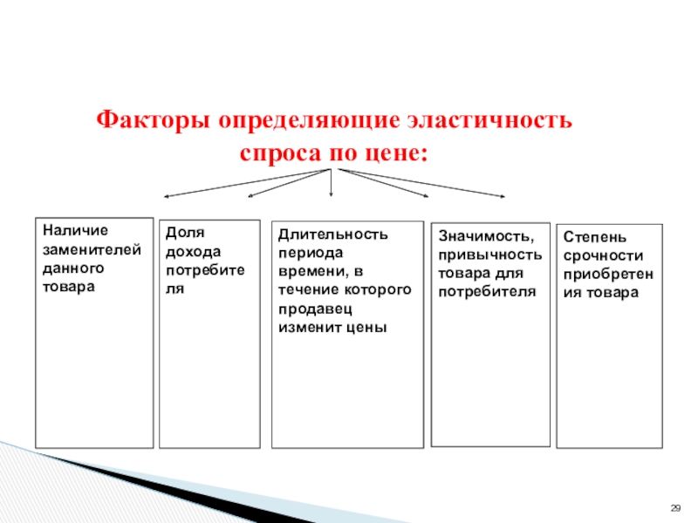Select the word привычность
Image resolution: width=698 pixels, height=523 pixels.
pos(489,255)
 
